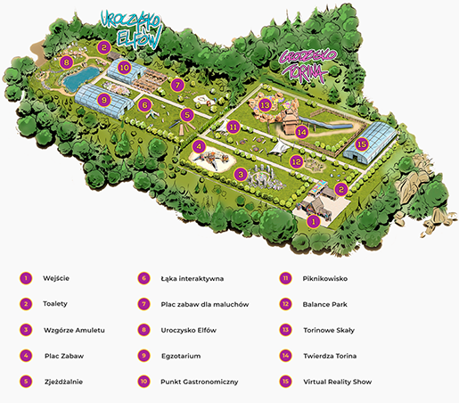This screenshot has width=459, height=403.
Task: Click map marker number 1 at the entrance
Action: click(x=313, y=221)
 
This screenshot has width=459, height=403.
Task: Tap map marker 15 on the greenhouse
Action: click(x=362, y=144)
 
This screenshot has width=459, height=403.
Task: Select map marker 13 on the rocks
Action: click(x=265, y=105)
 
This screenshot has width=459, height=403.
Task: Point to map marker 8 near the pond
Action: click(x=66, y=62)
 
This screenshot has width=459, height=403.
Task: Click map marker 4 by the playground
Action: click(x=199, y=146)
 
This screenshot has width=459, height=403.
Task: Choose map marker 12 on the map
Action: click(x=297, y=161)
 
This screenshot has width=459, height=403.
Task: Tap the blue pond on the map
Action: click(x=80, y=78)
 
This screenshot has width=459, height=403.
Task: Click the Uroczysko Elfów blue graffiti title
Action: click(x=132, y=29)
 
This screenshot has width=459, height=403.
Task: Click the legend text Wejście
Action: click(x=56, y=278)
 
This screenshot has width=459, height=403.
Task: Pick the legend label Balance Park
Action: click(x=324, y=304)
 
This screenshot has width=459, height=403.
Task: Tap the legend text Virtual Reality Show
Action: click(x=337, y=382)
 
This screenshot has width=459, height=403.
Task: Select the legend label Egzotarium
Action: click(x=181, y=356)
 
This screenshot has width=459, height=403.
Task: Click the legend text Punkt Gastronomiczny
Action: click(x=200, y=382)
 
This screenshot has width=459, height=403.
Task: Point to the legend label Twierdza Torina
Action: click(x=330, y=356)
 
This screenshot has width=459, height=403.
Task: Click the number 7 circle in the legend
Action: click(x=143, y=304)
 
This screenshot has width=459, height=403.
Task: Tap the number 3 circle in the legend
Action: click(x=26, y=330)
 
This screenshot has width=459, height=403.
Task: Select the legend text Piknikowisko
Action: click(x=325, y=278)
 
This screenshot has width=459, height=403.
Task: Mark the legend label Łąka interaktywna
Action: click(x=193, y=278)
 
